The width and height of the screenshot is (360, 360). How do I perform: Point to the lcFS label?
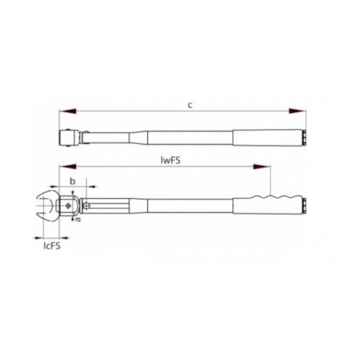(x=52, y=245)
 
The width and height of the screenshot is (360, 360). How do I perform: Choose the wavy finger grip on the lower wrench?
(x=274, y=196)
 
